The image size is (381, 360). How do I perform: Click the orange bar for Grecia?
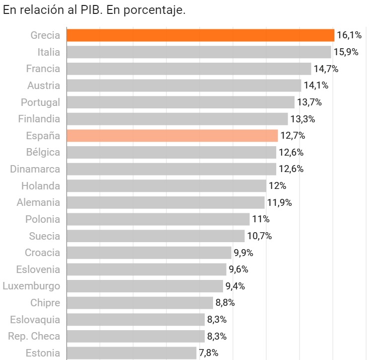pos(200,35)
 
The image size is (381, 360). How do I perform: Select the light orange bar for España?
pos(172,136)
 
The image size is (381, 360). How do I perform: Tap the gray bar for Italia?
pos(198,52)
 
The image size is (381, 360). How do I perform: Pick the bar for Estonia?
pos(131,353)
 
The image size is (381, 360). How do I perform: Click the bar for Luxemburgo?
pos(145,286)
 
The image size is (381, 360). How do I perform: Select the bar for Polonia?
pos(157,219)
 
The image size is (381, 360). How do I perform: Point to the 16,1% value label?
pos(349,35)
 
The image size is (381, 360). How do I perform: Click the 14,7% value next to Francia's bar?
pos(325,69)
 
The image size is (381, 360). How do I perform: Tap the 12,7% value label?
pos(292,136)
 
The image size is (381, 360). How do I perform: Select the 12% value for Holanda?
pos(277,186)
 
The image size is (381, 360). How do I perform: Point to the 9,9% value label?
pos(243,253)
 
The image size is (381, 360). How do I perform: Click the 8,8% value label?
pos(225,303)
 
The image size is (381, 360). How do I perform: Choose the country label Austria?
pos(44,86)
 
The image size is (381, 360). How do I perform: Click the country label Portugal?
pos(40,102)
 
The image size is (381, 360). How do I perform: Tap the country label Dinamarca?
pos(35,169)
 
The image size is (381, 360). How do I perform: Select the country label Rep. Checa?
pos(34,336)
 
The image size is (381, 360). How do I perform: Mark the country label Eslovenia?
pos(38,270)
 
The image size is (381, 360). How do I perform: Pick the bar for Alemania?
pos(165,202)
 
